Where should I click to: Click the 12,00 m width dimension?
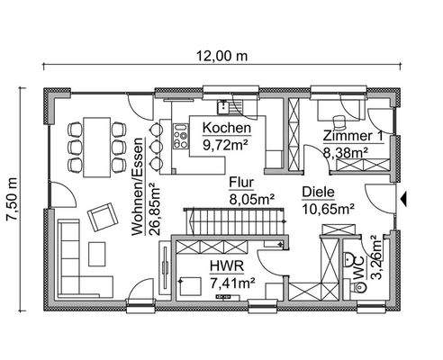click(221, 55)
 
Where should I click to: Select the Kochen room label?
click(221, 129)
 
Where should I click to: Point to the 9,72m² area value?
click(226, 143)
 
